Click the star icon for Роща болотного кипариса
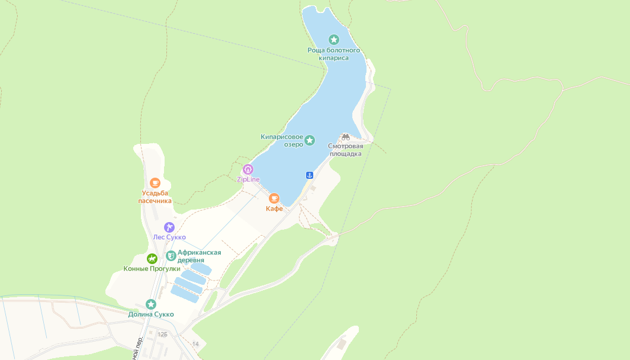tap(334, 40)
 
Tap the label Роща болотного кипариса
tap(334, 54)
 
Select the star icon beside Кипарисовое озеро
tap(310, 140)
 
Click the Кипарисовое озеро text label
tap(282, 140)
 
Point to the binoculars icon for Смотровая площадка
tap(346, 137)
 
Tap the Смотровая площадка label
tap(346, 150)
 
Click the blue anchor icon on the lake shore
tap(309, 175)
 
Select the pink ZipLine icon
tap(248, 169)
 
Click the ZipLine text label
tap(248, 179)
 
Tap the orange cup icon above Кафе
tap(274, 198)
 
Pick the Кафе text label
tap(274, 208)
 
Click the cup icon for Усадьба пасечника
tap(155, 183)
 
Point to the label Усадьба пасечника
tap(155, 197)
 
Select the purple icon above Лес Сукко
tap(169, 227)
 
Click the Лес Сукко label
tap(169, 237)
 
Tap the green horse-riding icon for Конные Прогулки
tap(152, 259)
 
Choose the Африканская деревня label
tap(200, 256)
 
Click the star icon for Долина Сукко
tap(151, 304)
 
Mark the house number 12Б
tap(162, 335)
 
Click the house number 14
tap(195, 344)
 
